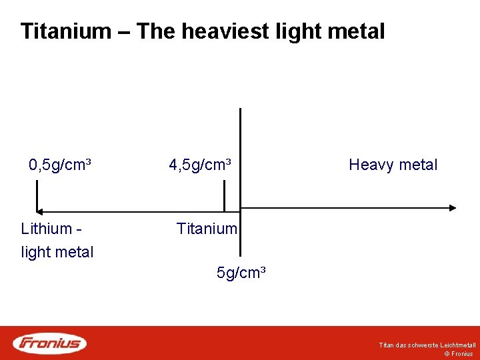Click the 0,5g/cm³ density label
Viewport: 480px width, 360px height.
click(60, 165)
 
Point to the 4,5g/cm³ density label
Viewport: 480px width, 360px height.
click(200, 165)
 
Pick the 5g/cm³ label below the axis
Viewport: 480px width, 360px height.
click(241, 273)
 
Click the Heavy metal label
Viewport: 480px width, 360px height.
click(393, 165)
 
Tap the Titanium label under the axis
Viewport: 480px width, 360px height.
click(207, 229)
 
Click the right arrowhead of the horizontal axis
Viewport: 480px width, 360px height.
click(452, 208)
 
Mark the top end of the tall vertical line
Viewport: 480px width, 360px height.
click(240, 109)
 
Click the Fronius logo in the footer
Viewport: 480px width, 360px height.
click(50, 343)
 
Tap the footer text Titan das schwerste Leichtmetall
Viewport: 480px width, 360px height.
click(427, 345)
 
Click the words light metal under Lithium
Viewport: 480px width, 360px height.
click(57, 252)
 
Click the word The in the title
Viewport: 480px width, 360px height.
click(158, 31)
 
